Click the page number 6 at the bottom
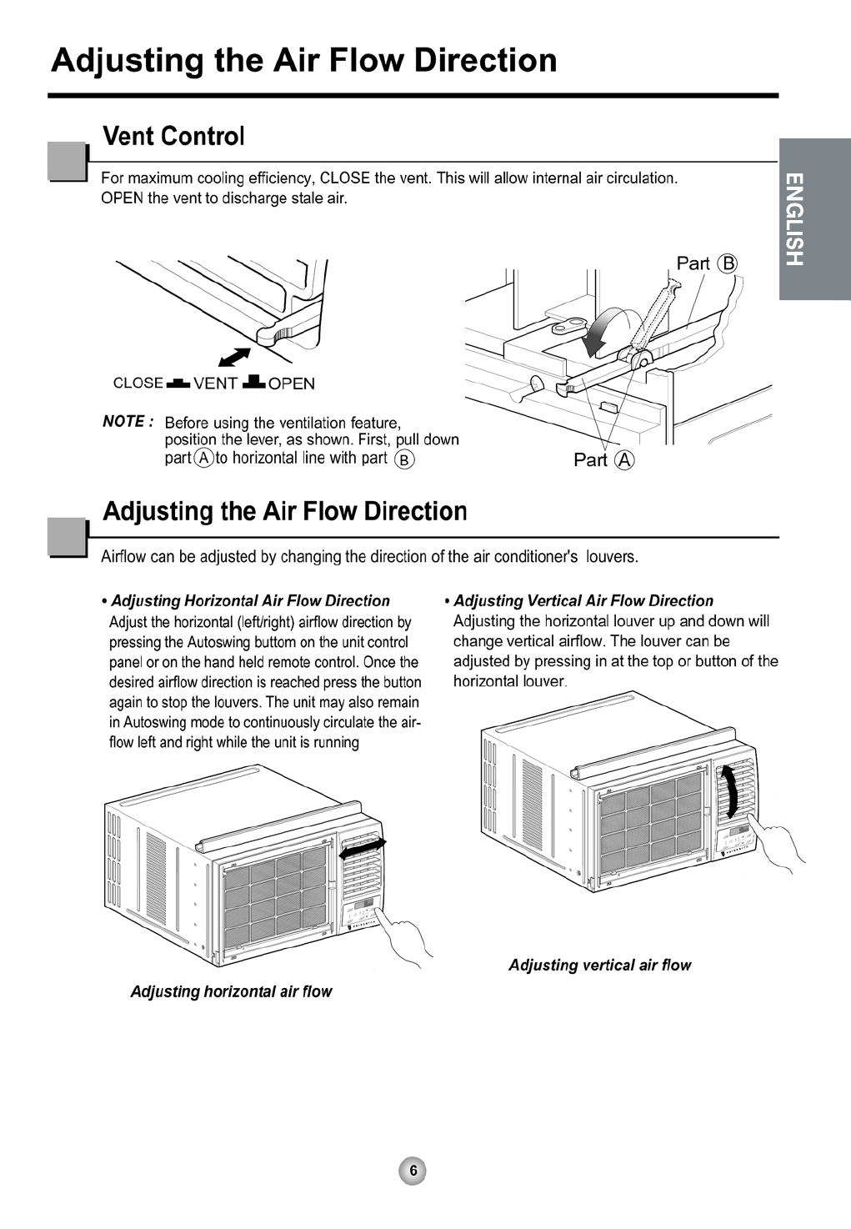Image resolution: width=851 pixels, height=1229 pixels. coord(413,1170)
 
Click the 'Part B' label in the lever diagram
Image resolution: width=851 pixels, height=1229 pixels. coord(706,263)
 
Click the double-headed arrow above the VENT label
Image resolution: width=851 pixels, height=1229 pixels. coord(234,356)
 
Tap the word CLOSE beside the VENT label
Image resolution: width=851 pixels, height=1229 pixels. coord(138,384)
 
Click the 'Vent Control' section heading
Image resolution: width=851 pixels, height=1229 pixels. coord(173,136)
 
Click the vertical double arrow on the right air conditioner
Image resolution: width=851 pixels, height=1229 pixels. coord(731,791)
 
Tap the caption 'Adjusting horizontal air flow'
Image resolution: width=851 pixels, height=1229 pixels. coord(231,991)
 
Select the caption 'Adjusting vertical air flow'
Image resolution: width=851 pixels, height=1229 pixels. coord(599,965)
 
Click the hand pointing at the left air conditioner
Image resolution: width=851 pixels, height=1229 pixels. coord(406,940)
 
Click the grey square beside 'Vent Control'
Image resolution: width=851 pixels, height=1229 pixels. coord(68,162)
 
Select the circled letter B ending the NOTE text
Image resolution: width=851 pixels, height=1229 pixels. coord(404,459)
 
